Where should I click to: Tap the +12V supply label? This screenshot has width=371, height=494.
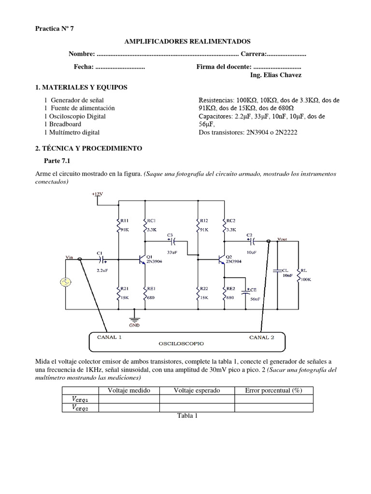point(98,194)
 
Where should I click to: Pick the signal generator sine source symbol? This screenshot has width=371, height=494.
point(65,282)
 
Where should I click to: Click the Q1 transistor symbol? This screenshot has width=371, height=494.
point(142,260)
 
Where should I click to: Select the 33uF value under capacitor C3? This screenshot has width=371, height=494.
point(172,252)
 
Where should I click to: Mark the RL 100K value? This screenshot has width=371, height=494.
point(306,279)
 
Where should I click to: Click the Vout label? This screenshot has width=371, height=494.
point(283,239)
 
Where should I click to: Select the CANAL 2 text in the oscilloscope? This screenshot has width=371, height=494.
point(262,337)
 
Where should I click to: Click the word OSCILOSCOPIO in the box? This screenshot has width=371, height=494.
point(182,344)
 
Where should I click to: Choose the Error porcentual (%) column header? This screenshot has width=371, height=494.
point(273,390)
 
